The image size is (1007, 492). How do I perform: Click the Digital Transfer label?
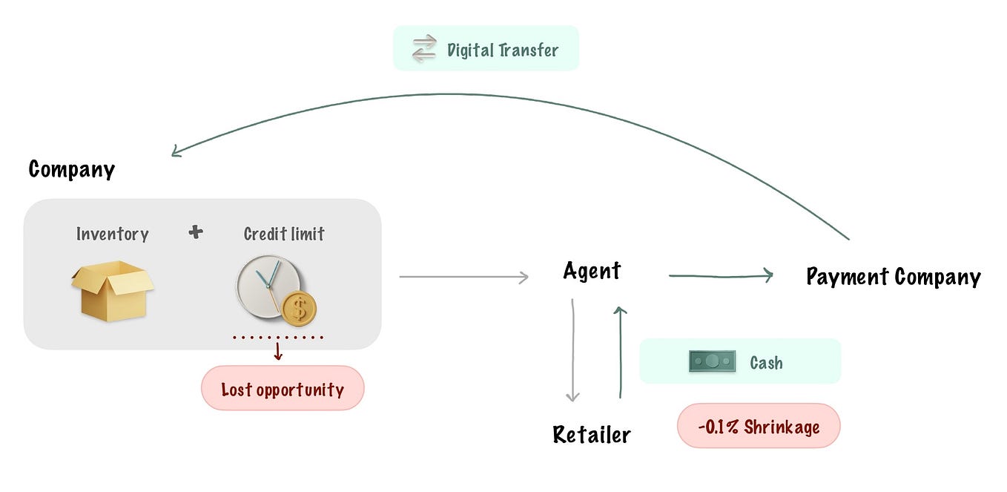coord(502,50)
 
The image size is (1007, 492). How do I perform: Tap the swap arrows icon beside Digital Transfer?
coord(424,49)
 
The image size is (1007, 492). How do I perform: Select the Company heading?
coord(72,169)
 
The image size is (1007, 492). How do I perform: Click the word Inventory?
coord(113,234)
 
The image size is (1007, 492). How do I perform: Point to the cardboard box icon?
coord(112,290)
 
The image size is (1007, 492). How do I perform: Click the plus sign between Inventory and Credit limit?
coord(195,233)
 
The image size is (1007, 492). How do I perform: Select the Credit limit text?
coord(284,234)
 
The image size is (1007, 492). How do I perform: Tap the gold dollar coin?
coord(299,309)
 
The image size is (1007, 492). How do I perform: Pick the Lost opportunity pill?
coord(283,388)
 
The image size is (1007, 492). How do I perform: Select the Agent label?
coord(592,271)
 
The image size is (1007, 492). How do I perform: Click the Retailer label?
coord(591,434)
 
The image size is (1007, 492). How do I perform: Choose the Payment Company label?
coord(893,277)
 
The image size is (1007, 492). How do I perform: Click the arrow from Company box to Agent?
coord(463,277)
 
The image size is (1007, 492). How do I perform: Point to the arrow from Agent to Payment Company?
coord(721,276)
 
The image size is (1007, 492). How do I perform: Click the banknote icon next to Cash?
coord(712,361)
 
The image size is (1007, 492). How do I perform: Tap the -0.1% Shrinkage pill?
coord(759,426)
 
